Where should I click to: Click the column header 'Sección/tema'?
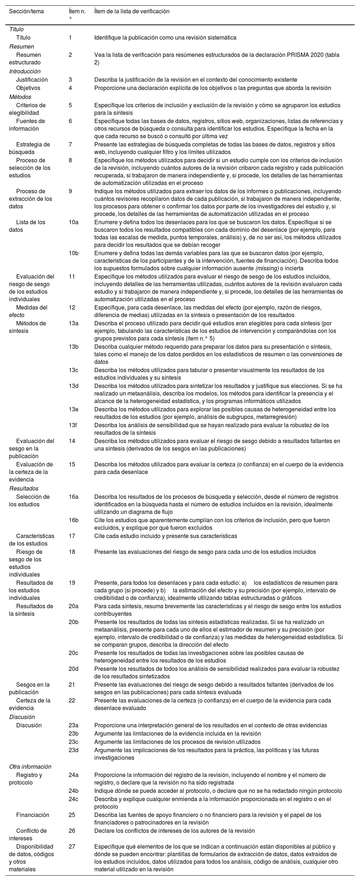click(x=26, y=12)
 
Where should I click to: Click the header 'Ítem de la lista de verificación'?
click(x=131, y=12)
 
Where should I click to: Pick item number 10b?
click(x=73, y=253)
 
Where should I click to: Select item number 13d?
click(x=73, y=386)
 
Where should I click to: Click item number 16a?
click(x=73, y=497)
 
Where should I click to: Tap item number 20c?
click(x=73, y=653)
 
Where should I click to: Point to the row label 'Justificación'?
click(x=32, y=80)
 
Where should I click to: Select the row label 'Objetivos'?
click(x=28, y=88)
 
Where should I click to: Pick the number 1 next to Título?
click(x=70, y=37)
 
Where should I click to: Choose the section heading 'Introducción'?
click(x=25, y=72)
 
